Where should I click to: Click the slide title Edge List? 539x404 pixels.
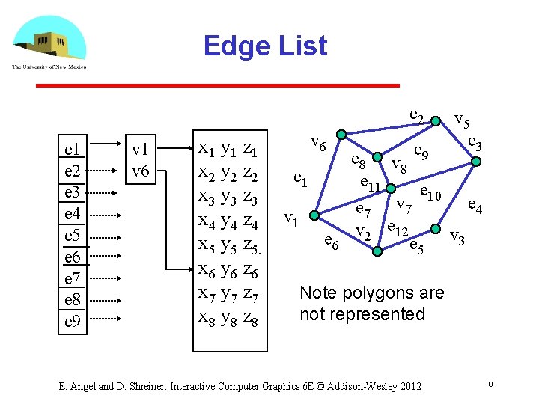pos(265,46)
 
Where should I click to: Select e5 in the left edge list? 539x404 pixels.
pos(73,236)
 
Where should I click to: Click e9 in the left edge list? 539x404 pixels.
pos(73,322)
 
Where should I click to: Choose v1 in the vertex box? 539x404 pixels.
pos(141,150)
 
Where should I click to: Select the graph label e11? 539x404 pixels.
pos(372,184)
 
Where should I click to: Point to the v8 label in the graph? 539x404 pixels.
pos(399,165)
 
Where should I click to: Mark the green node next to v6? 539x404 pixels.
pos(341,135)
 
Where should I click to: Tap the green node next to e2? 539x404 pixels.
pos(435,120)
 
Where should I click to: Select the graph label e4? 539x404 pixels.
pos(475,203)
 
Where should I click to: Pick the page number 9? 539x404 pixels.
pos(488,385)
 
